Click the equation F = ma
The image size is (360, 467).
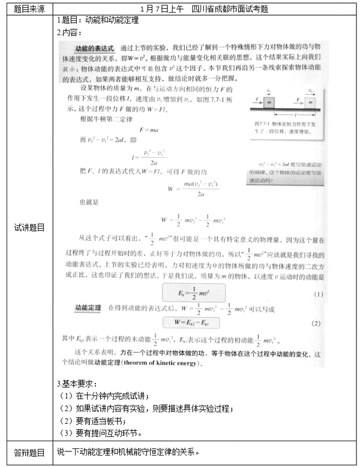click(x=149, y=129)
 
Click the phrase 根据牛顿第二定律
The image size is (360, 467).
click(x=104, y=119)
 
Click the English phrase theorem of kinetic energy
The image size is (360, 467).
click(x=170, y=363)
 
